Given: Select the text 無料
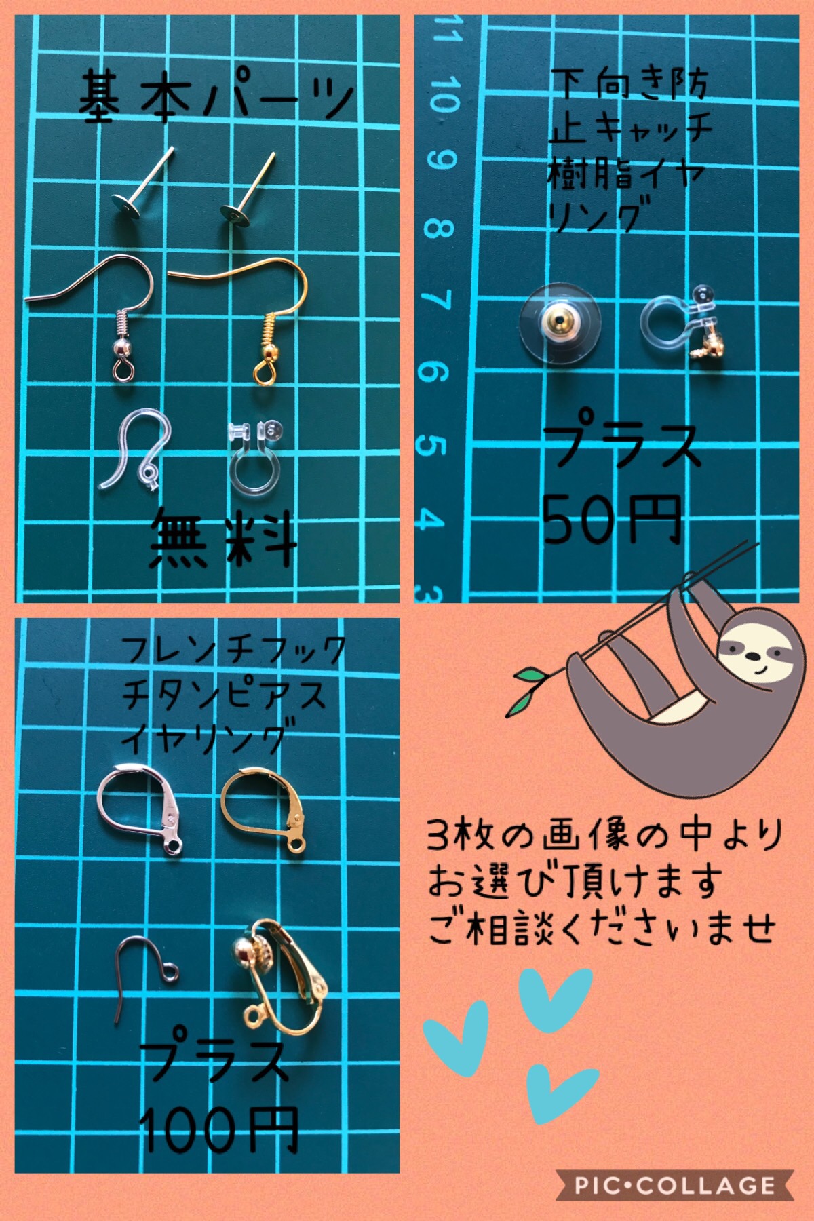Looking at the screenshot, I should tap(224, 539).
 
